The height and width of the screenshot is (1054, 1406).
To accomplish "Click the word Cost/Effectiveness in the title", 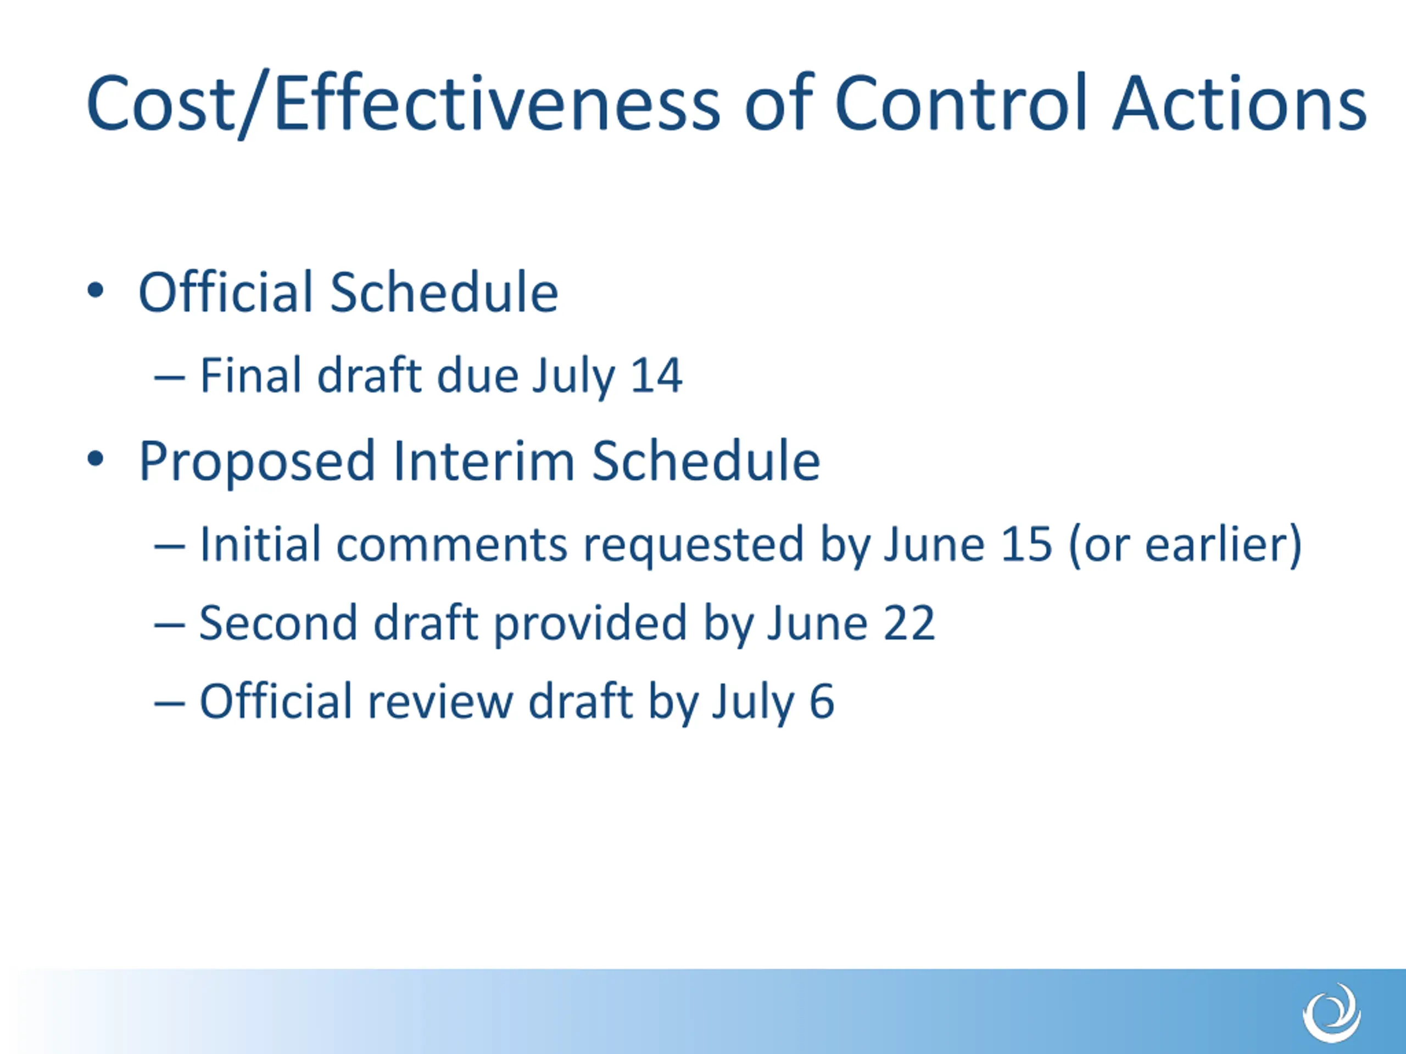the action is point(403,104).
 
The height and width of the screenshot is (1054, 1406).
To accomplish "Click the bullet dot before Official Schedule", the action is point(96,291).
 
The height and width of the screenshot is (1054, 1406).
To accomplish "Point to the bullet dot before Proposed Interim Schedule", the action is point(96,459).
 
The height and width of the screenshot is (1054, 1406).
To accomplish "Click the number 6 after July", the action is point(822,702).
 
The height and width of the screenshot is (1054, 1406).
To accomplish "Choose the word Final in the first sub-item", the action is point(250,375).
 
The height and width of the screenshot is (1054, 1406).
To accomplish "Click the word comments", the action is point(452,545).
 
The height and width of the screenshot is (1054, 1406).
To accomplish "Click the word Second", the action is point(278,623).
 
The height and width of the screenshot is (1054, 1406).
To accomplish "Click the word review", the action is point(440,702).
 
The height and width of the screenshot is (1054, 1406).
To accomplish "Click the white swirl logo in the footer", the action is point(1332,1013).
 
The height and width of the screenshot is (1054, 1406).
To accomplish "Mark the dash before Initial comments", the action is point(169,546).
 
